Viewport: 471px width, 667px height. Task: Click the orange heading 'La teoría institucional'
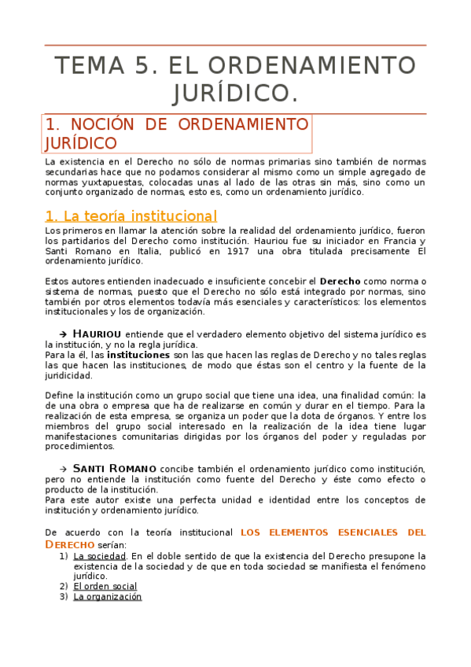131,216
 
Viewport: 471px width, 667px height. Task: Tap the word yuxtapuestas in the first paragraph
108,181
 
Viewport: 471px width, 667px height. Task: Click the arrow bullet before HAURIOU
65,333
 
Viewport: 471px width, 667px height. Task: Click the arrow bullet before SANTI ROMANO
65,468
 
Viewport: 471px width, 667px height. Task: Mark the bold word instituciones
138,355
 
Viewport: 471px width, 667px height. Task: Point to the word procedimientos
79,446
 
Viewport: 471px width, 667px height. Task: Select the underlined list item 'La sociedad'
96,555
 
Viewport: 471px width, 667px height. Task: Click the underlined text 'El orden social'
105,586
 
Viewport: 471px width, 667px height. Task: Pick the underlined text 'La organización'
107,596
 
